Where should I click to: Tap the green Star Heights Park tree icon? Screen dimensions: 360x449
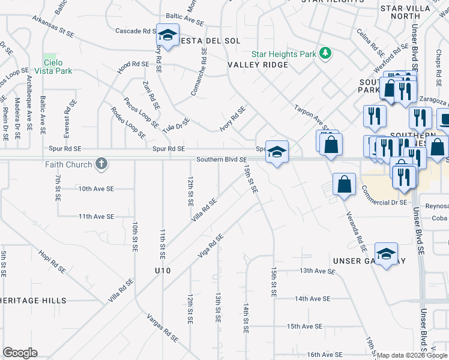(x=325, y=54)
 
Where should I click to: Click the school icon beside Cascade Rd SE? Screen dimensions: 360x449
(x=167, y=35)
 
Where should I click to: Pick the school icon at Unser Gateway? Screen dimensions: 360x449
(x=386, y=253)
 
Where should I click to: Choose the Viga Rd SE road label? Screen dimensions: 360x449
(x=211, y=246)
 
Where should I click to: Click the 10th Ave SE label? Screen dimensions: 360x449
(x=96, y=188)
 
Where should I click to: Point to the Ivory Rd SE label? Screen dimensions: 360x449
(x=233, y=116)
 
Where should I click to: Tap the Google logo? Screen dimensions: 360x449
(x=20, y=353)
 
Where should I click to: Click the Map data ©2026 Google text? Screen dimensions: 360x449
(x=412, y=355)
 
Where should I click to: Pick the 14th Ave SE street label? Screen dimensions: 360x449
(x=312, y=298)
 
